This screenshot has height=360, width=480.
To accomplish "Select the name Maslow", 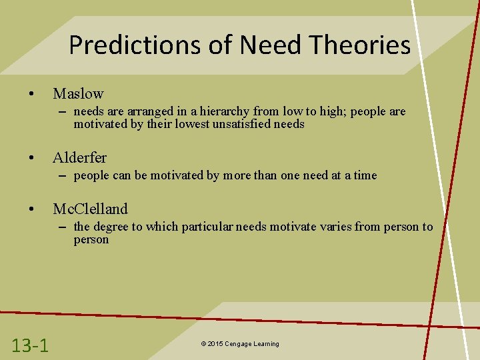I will [x=78, y=94].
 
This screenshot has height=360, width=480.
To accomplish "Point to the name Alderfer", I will [x=79, y=158].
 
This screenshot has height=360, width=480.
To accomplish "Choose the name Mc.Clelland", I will [x=90, y=209].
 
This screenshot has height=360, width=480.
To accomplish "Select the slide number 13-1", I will [x=30, y=345].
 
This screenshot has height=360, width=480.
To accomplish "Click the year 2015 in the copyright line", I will [x=215, y=344].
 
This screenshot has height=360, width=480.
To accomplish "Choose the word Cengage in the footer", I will [x=238, y=344].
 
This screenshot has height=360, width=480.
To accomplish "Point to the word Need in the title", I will [x=268, y=45].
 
